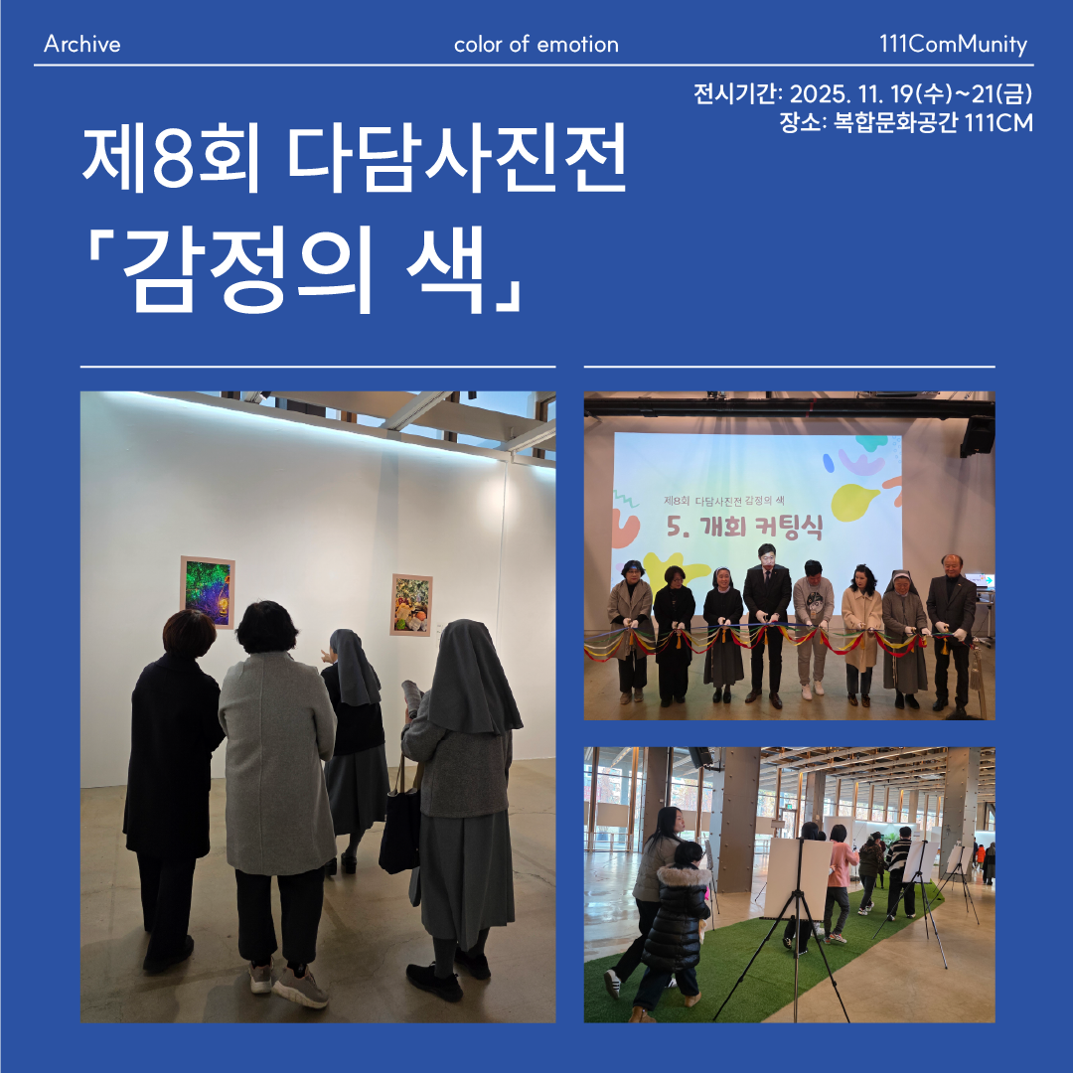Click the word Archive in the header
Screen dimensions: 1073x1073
(x=82, y=45)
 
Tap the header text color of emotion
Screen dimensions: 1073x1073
(x=536, y=45)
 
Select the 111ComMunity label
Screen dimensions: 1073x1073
(x=953, y=45)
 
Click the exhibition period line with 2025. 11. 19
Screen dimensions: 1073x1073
(x=863, y=95)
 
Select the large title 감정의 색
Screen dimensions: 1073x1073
(x=307, y=265)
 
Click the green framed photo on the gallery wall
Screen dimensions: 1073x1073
(x=207, y=591)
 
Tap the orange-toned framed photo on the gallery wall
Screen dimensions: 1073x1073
(x=410, y=604)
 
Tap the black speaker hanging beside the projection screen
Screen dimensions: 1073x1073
(x=977, y=435)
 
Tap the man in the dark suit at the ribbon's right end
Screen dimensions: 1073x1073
(x=950, y=626)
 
